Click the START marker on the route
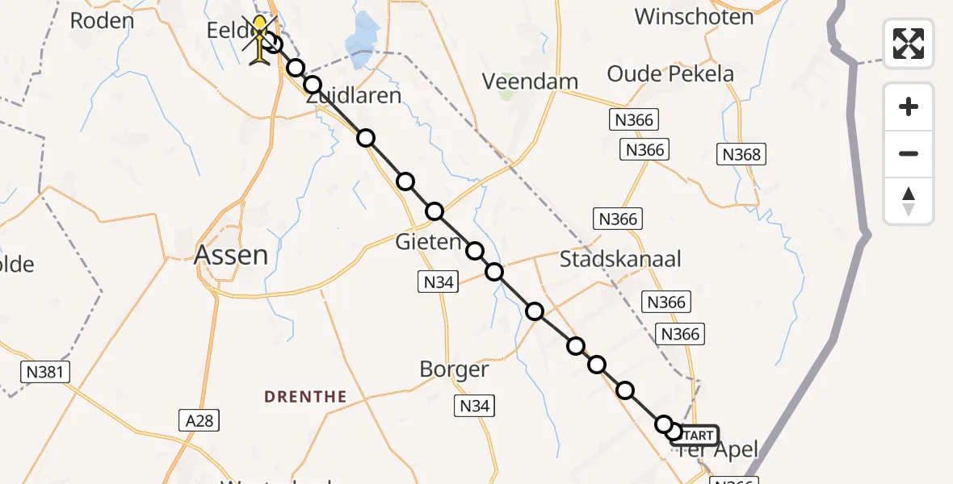694,436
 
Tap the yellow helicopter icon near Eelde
260,40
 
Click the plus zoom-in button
909,106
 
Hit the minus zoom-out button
909,153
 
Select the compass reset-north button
909,201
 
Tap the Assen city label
231,256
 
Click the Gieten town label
429,242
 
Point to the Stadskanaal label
620,259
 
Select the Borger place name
454,369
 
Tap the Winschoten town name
694,16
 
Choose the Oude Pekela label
670,74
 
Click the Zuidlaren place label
354,96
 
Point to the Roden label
102,21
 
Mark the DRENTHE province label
306,397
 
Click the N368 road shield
741,154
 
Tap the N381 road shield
45,372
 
